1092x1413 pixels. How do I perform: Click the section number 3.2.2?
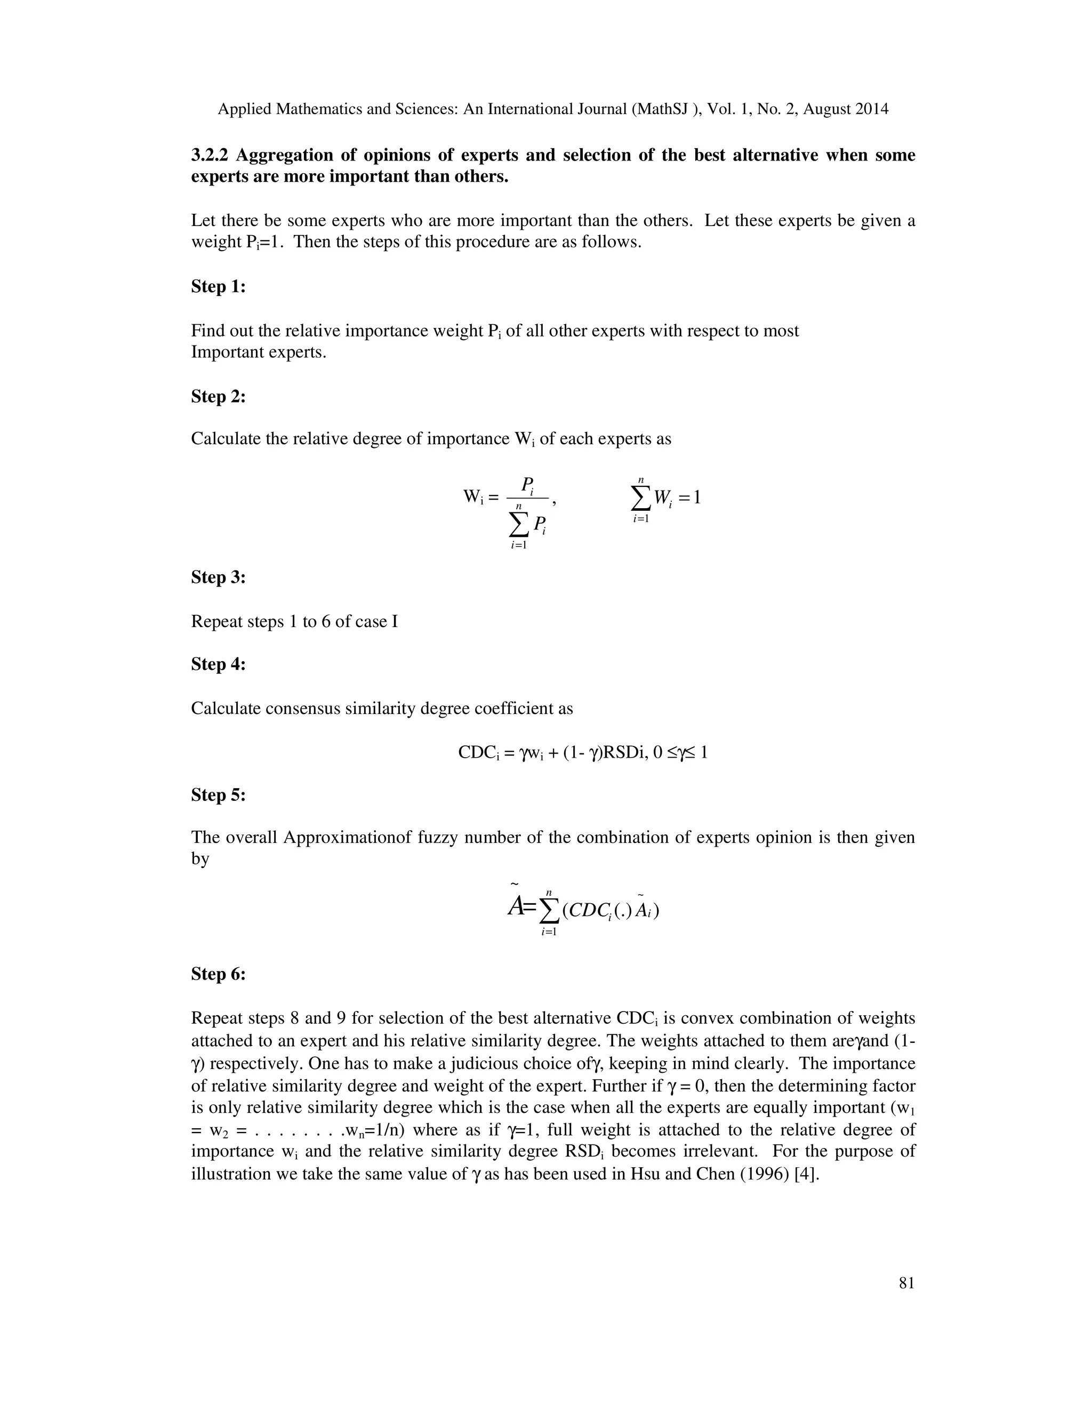[x=210, y=155]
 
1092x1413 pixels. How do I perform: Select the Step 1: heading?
[x=218, y=287]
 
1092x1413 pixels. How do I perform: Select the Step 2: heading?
[x=218, y=396]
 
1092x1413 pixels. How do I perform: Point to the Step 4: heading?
[x=218, y=664]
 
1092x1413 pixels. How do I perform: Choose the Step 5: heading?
[x=218, y=794]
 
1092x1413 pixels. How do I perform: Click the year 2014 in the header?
[x=871, y=109]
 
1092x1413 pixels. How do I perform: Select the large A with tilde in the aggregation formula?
[x=516, y=907]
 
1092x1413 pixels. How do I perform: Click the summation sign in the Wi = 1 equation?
[x=640, y=498]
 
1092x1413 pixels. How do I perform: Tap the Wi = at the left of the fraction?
[x=480, y=497]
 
